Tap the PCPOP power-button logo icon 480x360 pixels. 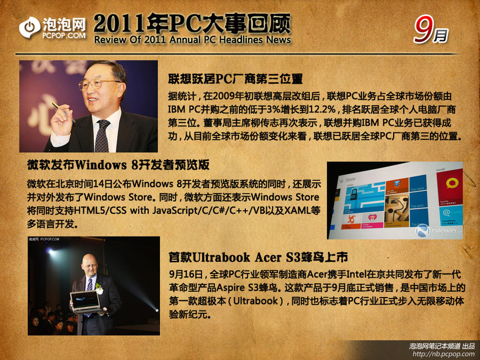(29, 27)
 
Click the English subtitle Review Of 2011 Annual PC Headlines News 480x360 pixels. (192, 40)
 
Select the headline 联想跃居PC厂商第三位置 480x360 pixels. (235, 79)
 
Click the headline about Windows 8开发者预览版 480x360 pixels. (118, 165)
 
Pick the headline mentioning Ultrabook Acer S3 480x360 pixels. (258, 257)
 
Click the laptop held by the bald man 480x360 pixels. (86, 302)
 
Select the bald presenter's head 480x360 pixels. (90, 265)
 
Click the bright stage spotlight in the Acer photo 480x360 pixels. (50, 252)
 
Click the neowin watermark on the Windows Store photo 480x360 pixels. (439, 231)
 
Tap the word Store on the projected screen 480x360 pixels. (350, 180)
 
